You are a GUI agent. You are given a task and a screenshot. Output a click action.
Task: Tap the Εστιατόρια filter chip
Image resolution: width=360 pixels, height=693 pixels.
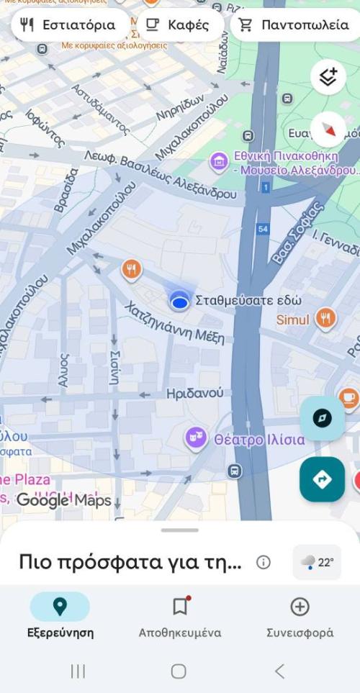pyautogui.click(x=68, y=25)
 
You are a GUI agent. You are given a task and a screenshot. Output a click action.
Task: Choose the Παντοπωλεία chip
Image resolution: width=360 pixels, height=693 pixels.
pyautogui.click(x=294, y=25)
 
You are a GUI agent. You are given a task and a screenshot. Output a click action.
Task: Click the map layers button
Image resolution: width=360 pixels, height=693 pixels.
pyautogui.click(x=328, y=76)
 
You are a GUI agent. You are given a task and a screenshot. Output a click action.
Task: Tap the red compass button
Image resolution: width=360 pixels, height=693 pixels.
pyautogui.click(x=328, y=130)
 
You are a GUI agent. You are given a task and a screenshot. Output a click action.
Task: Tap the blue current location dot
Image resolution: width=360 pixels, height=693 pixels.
pyautogui.click(x=179, y=302)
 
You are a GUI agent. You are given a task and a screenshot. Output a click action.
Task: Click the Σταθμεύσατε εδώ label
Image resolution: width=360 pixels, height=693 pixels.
pyautogui.click(x=248, y=301)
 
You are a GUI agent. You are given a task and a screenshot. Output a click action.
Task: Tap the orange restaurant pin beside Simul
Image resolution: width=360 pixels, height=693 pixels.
pyautogui.click(x=326, y=317)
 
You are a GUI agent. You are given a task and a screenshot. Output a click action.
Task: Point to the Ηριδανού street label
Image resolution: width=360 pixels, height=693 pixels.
pyautogui.click(x=194, y=394)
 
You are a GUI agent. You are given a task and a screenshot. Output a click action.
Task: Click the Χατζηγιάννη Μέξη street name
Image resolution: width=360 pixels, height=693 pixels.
pyautogui.click(x=175, y=323)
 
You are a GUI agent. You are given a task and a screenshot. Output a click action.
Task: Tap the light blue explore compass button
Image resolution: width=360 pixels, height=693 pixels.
pyautogui.click(x=322, y=418)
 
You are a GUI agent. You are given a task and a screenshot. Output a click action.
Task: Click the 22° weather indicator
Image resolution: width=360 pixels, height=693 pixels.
pyautogui.click(x=317, y=562)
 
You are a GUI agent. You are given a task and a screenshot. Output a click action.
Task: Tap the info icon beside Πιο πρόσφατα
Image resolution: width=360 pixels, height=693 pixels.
pyautogui.click(x=264, y=562)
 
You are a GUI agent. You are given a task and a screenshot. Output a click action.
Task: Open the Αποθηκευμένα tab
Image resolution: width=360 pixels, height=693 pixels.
pyautogui.click(x=180, y=617)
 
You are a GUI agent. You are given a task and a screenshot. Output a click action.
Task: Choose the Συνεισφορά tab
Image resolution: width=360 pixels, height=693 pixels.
pyautogui.click(x=300, y=617)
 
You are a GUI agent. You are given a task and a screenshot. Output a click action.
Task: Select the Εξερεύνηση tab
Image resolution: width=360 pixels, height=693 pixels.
pyautogui.click(x=60, y=617)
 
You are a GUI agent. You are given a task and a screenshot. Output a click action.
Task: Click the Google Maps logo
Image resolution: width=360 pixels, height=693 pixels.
pyautogui.click(x=64, y=499)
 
